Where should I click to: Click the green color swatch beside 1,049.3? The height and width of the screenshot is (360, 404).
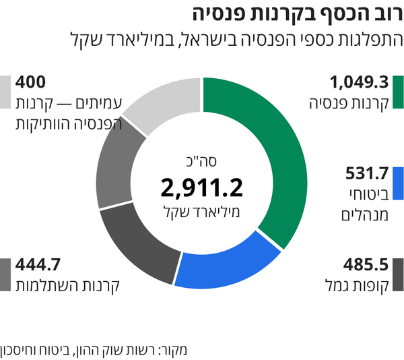click(x=397, y=92)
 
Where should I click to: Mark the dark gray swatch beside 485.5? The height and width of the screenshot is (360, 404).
click(x=397, y=274)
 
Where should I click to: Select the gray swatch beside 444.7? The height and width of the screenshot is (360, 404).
click(x=6, y=274)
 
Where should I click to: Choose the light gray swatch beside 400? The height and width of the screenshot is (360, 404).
click(x=6, y=92)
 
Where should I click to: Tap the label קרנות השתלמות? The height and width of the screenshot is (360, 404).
click(x=67, y=284)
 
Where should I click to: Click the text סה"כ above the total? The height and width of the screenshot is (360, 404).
click(x=201, y=161)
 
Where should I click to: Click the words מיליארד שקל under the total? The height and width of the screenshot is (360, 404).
click(x=202, y=211)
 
